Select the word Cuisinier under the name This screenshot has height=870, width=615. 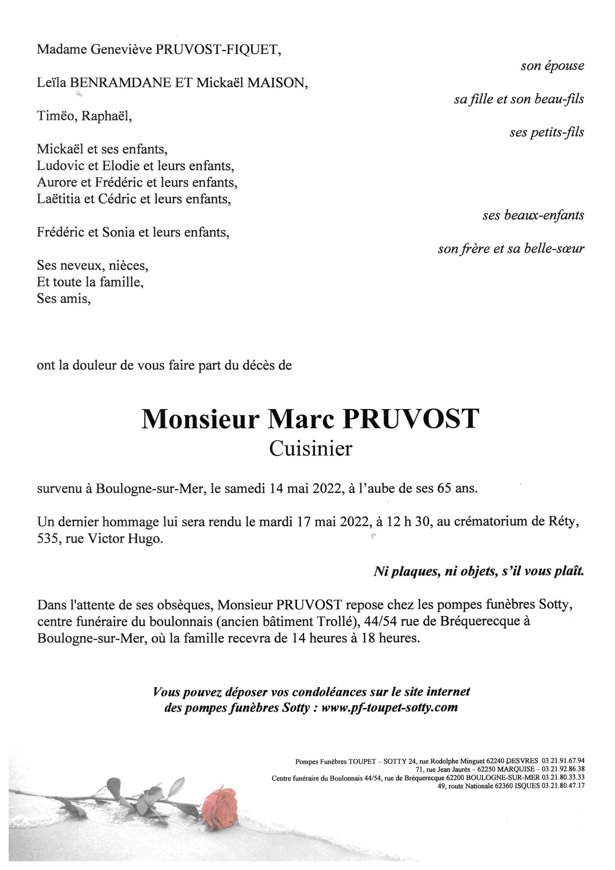click(x=311, y=449)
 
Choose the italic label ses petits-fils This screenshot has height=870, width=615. click(x=546, y=132)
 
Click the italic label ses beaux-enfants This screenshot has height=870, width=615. click(x=533, y=215)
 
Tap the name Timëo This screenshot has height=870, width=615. click(x=57, y=116)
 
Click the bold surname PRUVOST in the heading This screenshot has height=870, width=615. click(x=411, y=420)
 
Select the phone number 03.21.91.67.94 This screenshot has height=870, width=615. click(x=563, y=760)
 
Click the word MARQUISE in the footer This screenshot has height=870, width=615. click(x=515, y=769)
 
